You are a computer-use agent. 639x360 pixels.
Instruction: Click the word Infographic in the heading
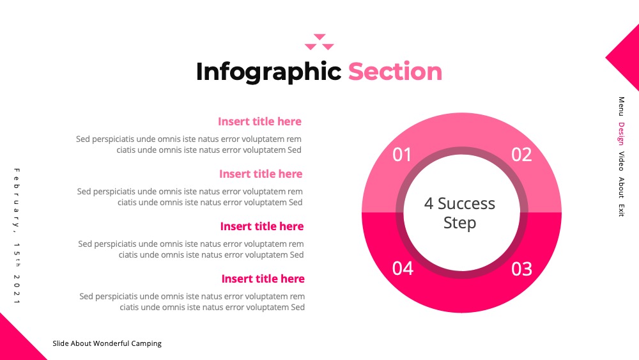pyautogui.click(x=268, y=72)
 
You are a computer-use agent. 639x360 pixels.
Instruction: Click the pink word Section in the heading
pyautogui.click(x=395, y=72)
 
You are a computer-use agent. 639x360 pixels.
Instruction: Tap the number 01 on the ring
pyautogui.click(x=402, y=155)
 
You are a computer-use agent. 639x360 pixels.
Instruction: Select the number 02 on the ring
pyautogui.click(x=521, y=155)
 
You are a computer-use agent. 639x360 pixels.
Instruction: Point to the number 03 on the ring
pyautogui.click(x=521, y=269)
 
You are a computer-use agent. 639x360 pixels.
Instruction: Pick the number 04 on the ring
pyautogui.click(x=403, y=269)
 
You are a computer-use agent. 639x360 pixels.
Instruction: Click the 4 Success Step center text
pyautogui.click(x=459, y=213)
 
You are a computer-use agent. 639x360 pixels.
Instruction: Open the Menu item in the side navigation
pyautogui.click(x=621, y=106)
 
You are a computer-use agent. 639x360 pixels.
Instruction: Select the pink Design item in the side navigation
pyautogui.click(x=621, y=133)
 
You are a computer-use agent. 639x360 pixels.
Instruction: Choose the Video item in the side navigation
pyautogui.click(x=621, y=161)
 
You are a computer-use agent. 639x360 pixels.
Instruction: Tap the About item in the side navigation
pyautogui.click(x=621, y=187)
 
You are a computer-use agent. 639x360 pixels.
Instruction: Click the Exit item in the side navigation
pyautogui.click(x=621, y=210)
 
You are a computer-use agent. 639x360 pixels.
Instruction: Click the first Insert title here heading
pyautogui.click(x=259, y=121)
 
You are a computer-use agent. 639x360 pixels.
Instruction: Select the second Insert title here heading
pyautogui.click(x=261, y=174)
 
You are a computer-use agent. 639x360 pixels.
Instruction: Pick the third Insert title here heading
pyautogui.click(x=261, y=226)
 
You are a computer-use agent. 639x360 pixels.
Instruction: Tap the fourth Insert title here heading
pyautogui.click(x=263, y=279)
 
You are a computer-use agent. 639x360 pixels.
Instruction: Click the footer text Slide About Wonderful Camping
pyautogui.click(x=107, y=343)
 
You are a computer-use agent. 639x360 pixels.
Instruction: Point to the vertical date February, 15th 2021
pyautogui.click(x=17, y=236)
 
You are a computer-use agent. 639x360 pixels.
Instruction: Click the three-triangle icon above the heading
pyautogui.click(x=319, y=42)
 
